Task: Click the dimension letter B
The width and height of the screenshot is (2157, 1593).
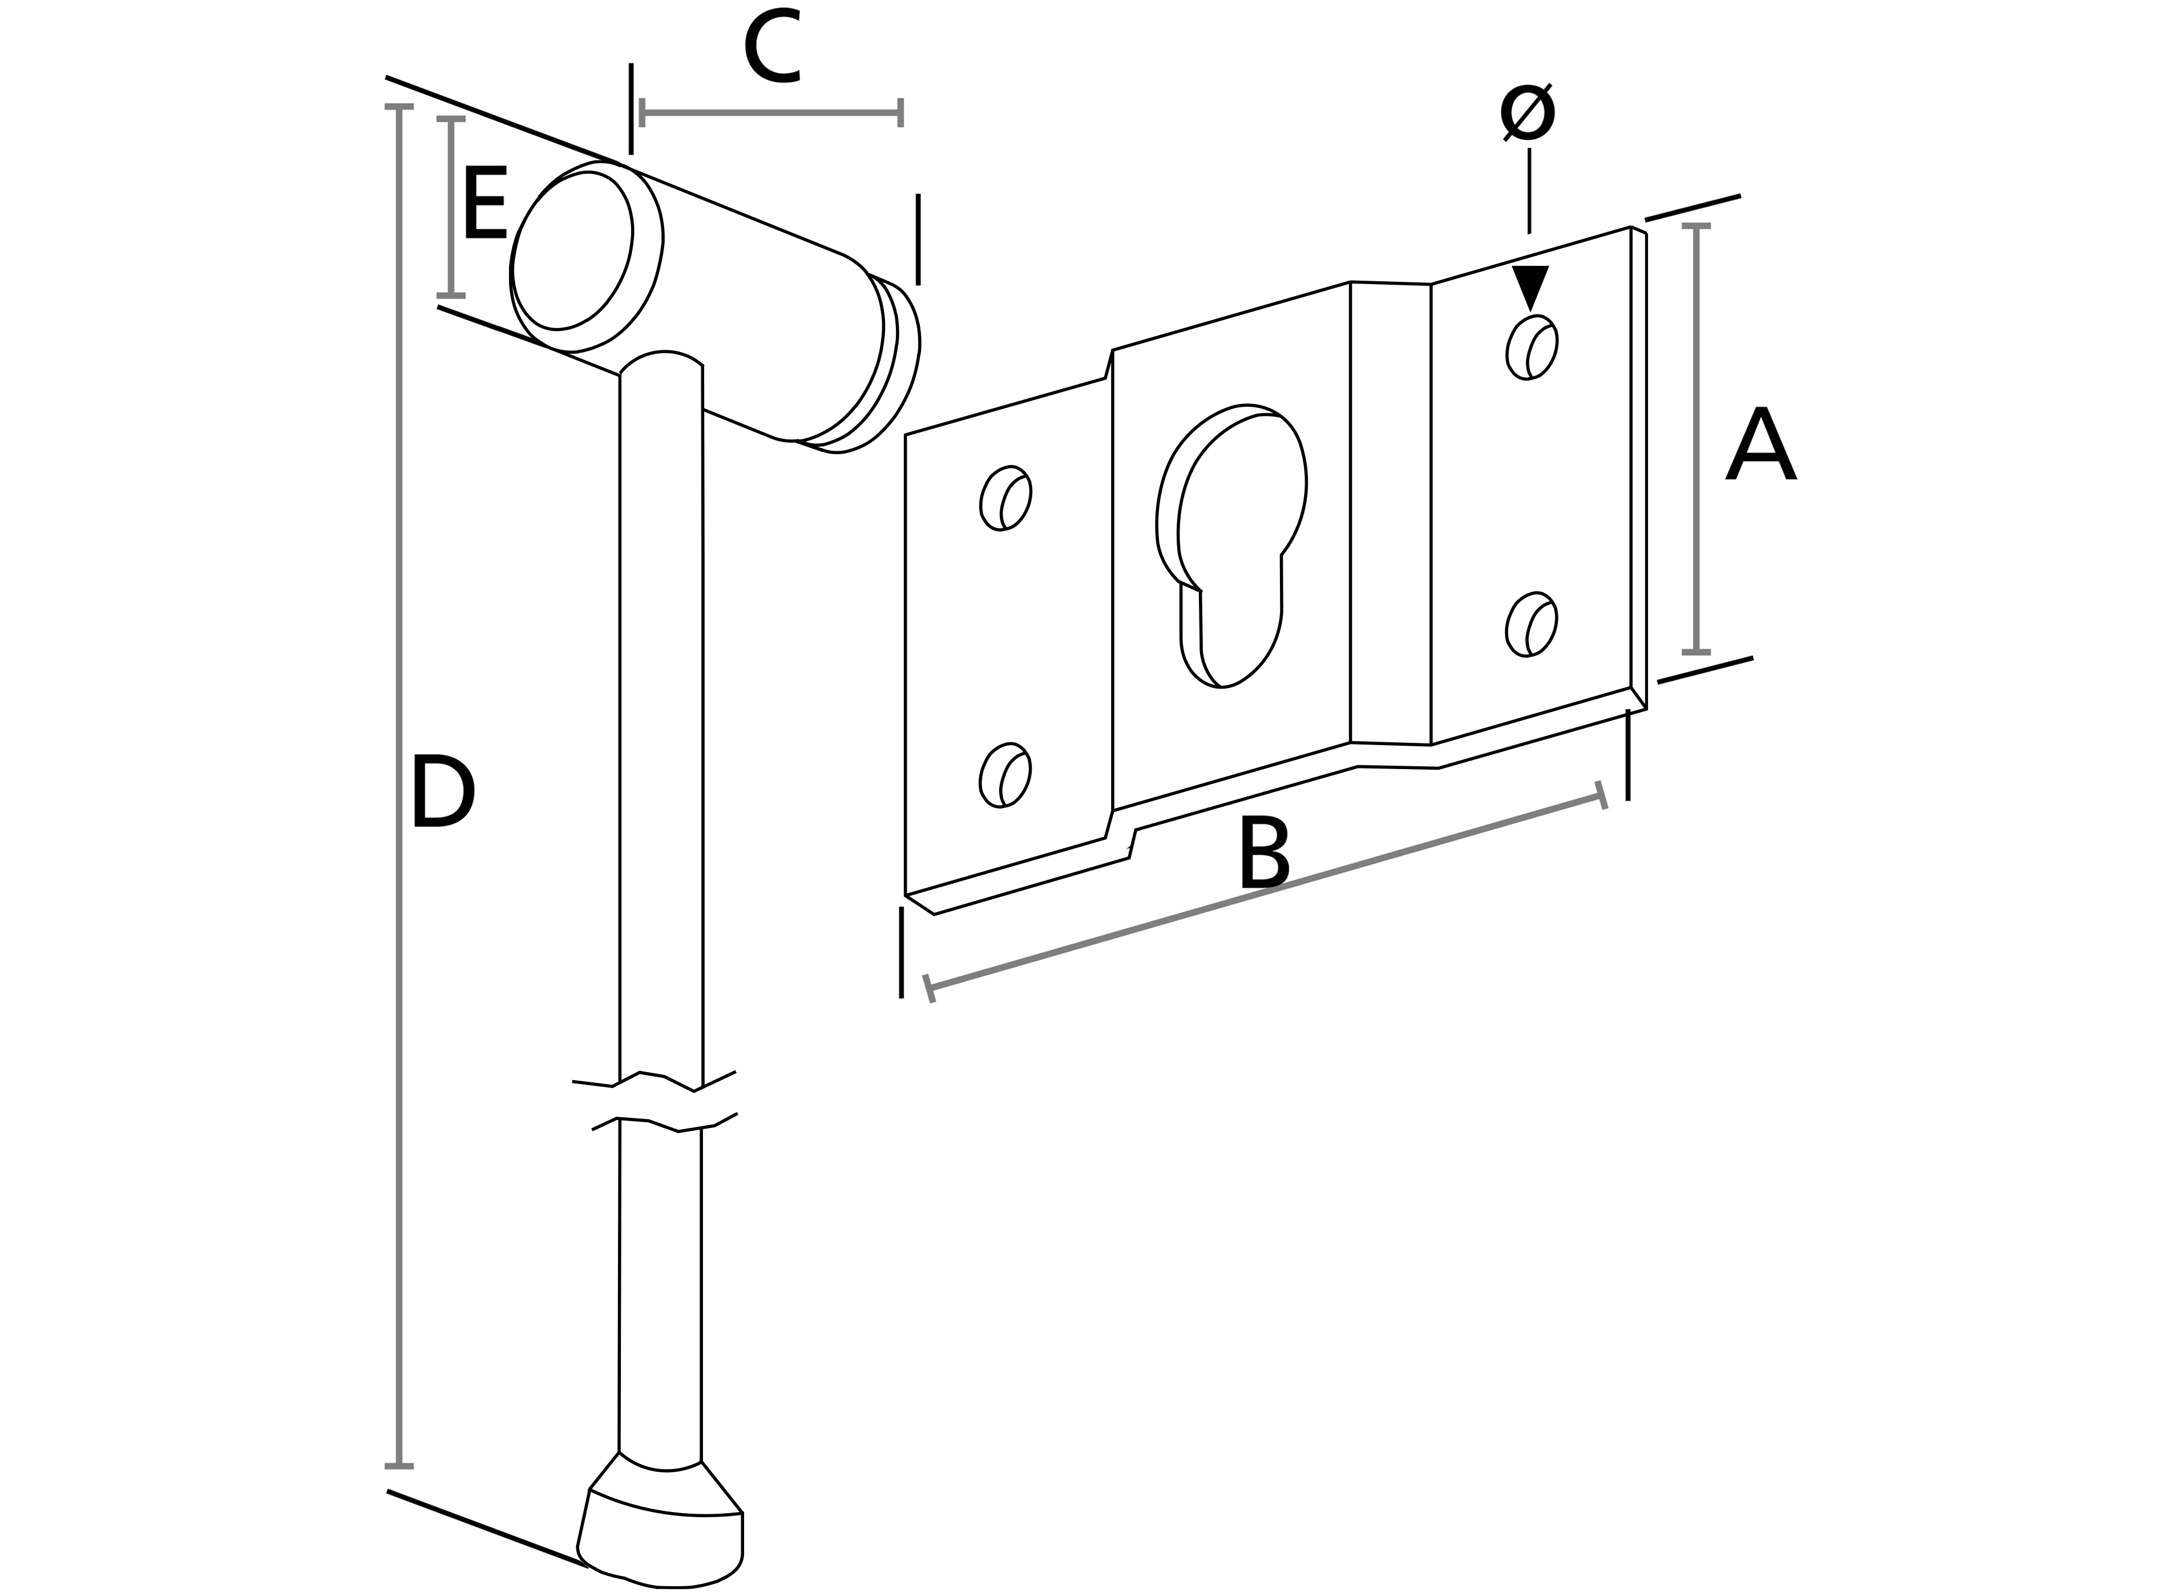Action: tap(1263, 854)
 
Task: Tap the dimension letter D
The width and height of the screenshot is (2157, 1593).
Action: tap(443, 793)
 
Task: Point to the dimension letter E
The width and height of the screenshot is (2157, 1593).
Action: tap(485, 204)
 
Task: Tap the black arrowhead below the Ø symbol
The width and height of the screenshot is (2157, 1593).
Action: tap(1529, 285)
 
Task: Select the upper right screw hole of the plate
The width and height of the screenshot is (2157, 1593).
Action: tap(1531, 347)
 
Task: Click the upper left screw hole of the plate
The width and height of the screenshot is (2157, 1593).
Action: tap(1005, 498)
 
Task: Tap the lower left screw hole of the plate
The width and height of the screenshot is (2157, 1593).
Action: tap(1005, 775)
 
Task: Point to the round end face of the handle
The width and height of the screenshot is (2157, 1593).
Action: tap(573, 253)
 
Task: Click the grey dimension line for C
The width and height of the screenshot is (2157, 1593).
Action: tap(771, 113)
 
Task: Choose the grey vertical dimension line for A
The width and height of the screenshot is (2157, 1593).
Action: tap(1696, 439)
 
